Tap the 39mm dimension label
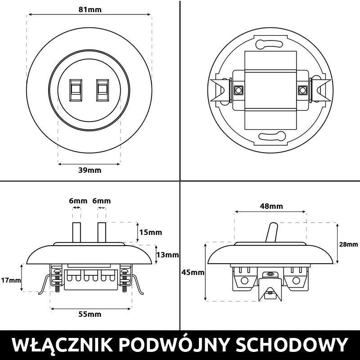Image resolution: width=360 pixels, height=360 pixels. [x=90, y=170]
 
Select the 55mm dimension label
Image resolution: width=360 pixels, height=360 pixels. [x=90, y=314]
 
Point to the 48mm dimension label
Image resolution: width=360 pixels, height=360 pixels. [x=271, y=207]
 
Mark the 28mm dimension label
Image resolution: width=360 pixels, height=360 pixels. [x=349, y=244]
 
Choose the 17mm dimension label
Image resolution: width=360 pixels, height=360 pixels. [x=11, y=280]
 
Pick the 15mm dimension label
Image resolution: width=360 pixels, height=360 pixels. [x=150, y=233]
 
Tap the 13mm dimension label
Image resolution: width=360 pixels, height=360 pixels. [x=167, y=255]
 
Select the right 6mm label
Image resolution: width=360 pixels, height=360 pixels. [x=101, y=201]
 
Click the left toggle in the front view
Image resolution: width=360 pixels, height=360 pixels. [x=76, y=90]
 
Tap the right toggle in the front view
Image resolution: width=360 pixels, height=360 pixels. [x=103, y=90]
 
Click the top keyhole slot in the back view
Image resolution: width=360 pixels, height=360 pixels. [x=269, y=44]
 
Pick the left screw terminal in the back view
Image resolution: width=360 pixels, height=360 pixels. [x=238, y=90]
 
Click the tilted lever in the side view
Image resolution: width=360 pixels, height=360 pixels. [x=272, y=232]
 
